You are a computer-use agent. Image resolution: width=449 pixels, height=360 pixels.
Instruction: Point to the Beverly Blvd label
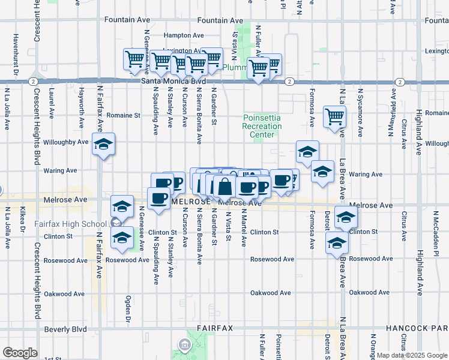[x=65, y=329]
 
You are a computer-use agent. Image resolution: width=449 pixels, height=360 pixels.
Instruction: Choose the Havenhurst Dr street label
[x=13, y=57]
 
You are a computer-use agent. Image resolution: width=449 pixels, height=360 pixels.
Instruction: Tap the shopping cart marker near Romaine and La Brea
[x=334, y=117]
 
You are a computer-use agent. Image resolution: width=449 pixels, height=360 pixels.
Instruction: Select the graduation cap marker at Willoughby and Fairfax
[x=104, y=145]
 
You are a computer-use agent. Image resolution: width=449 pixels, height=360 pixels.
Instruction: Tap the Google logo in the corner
[x=19, y=353]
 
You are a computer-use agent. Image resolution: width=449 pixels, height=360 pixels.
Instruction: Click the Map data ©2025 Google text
[x=412, y=355]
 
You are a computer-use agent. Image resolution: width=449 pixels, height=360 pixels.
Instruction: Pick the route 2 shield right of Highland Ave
[x=400, y=81]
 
